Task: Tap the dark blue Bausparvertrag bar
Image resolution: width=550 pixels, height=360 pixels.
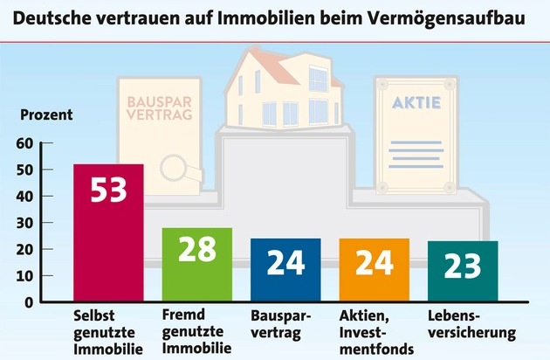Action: click(x=285, y=270)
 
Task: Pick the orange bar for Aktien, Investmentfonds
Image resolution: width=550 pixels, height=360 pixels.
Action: click(x=374, y=270)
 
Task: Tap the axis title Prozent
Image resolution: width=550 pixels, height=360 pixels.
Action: click(x=46, y=114)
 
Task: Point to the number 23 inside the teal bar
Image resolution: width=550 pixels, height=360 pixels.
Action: click(x=463, y=266)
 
